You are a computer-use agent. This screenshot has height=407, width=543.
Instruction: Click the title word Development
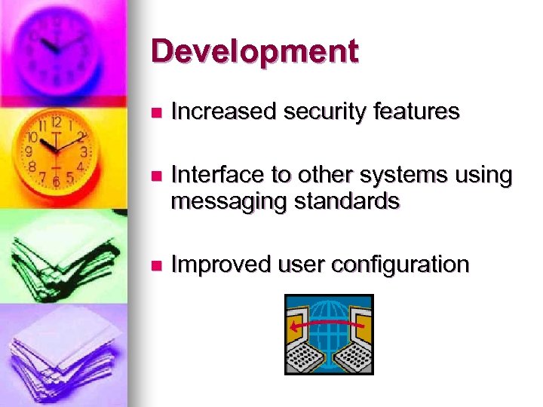click(254, 51)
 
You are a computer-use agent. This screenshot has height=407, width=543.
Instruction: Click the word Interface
click(219, 176)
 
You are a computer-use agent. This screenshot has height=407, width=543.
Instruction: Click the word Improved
click(221, 265)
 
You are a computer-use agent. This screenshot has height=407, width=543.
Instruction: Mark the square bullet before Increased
click(156, 113)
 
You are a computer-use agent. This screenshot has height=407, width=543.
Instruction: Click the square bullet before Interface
click(156, 176)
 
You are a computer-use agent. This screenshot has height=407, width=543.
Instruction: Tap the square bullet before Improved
click(156, 265)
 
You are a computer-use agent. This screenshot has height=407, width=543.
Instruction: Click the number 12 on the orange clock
click(56, 122)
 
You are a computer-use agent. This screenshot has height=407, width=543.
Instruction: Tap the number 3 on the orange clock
click(84, 151)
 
